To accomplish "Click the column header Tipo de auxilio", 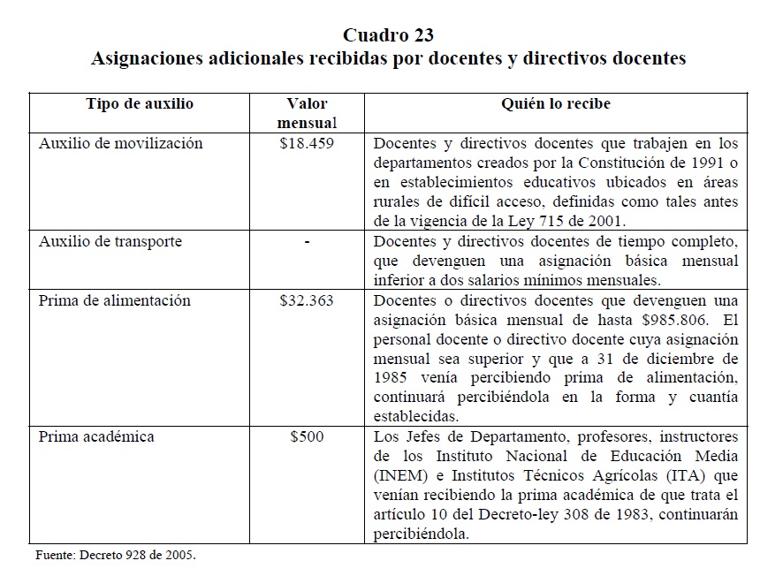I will coord(139,104).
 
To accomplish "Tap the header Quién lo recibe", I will coord(556,104).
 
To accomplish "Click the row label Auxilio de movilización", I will coord(121,143).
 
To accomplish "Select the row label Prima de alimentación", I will coord(115,300).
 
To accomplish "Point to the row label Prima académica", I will coord(96,436).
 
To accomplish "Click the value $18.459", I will coord(306,143).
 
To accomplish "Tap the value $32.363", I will coord(306,300).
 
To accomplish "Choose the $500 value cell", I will coord(306,436).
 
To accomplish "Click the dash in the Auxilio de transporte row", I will coord(306,241).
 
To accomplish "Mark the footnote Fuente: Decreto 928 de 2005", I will coord(115,556).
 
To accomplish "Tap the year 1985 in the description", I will coord(391,378).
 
